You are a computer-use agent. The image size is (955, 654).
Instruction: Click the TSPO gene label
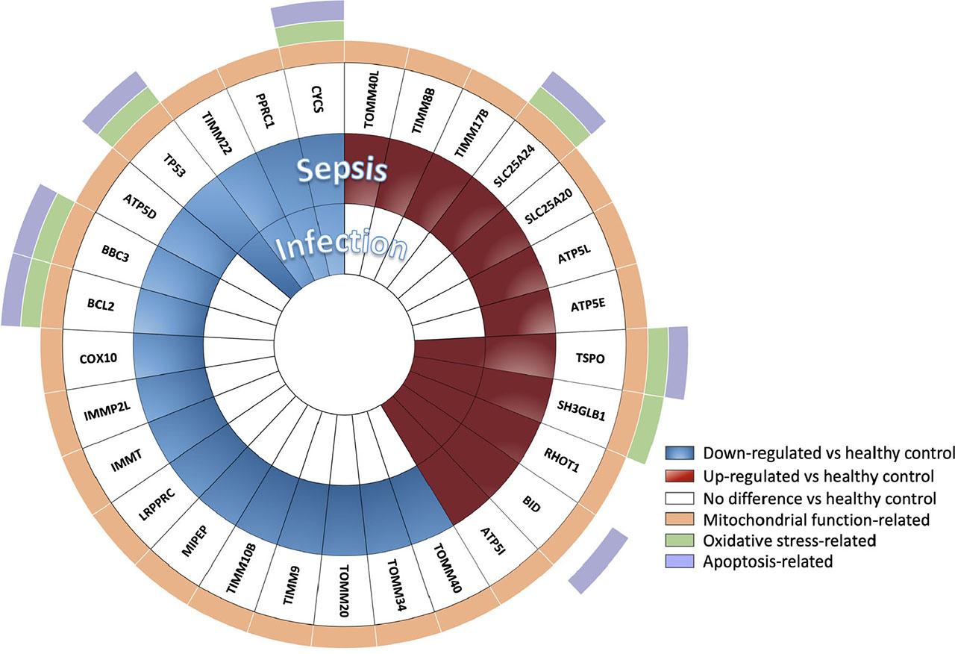pyautogui.click(x=589, y=358)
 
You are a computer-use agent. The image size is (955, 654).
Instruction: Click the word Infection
pyautogui.click(x=342, y=247)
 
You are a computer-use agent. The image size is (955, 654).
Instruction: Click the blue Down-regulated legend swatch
pyautogui.click(x=680, y=452)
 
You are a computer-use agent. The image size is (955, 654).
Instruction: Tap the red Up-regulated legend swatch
pyautogui.click(x=680, y=475)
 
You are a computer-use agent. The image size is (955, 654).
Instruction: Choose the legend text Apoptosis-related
pyautogui.click(x=768, y=561)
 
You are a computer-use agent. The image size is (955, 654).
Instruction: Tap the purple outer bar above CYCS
pyautogui.click(x=307, y=13)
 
